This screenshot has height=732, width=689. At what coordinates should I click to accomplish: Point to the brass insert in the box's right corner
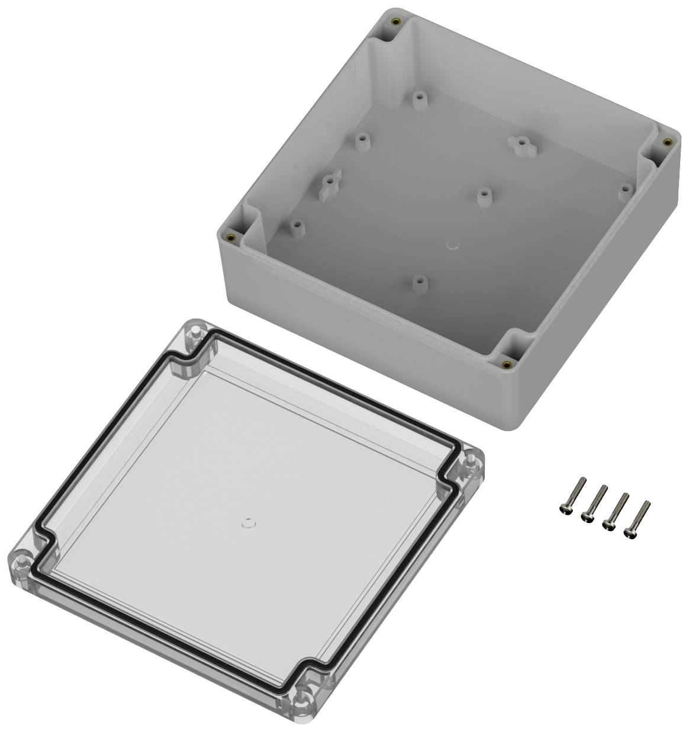(x=667, y=142)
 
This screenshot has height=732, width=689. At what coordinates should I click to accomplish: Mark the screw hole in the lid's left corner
(x=22, y=559)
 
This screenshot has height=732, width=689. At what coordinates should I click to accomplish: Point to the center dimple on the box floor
(x=453, y=243)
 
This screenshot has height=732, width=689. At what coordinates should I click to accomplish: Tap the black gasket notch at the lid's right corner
(x=451, y=474)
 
